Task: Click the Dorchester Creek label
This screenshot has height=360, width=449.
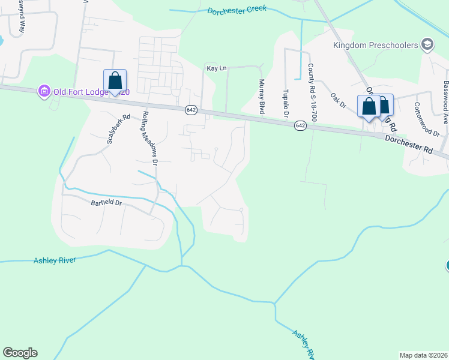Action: pos(237,11)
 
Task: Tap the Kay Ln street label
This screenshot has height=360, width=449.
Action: pos(217,68)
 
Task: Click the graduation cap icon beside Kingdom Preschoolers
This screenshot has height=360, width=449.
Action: pos(427,44)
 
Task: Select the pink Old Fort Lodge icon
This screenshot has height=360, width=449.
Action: pos(43,91)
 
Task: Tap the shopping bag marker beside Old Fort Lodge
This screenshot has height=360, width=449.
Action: pos(115,81)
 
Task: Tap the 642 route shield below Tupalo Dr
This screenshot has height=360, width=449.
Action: pos(301,125)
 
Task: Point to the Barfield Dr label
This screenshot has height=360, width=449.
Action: pos(106,203)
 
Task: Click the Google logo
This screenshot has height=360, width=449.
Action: pos(20,353)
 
